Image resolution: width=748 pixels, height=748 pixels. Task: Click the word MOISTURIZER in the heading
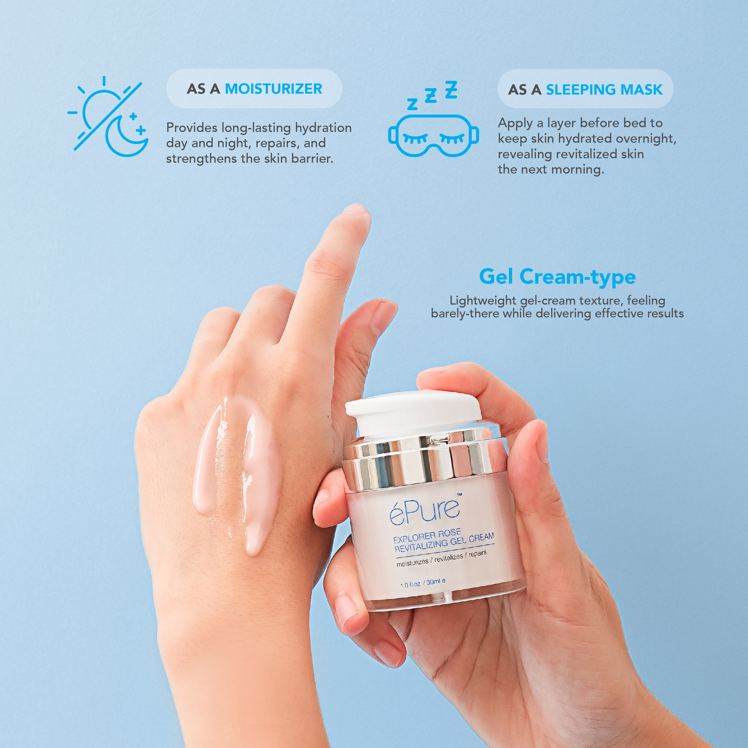point(273,89)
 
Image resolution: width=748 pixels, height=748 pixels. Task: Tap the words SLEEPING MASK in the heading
point(604,89)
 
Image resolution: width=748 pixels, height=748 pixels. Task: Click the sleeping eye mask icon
point(433,136)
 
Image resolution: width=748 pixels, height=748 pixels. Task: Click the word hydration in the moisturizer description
point(323,128)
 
